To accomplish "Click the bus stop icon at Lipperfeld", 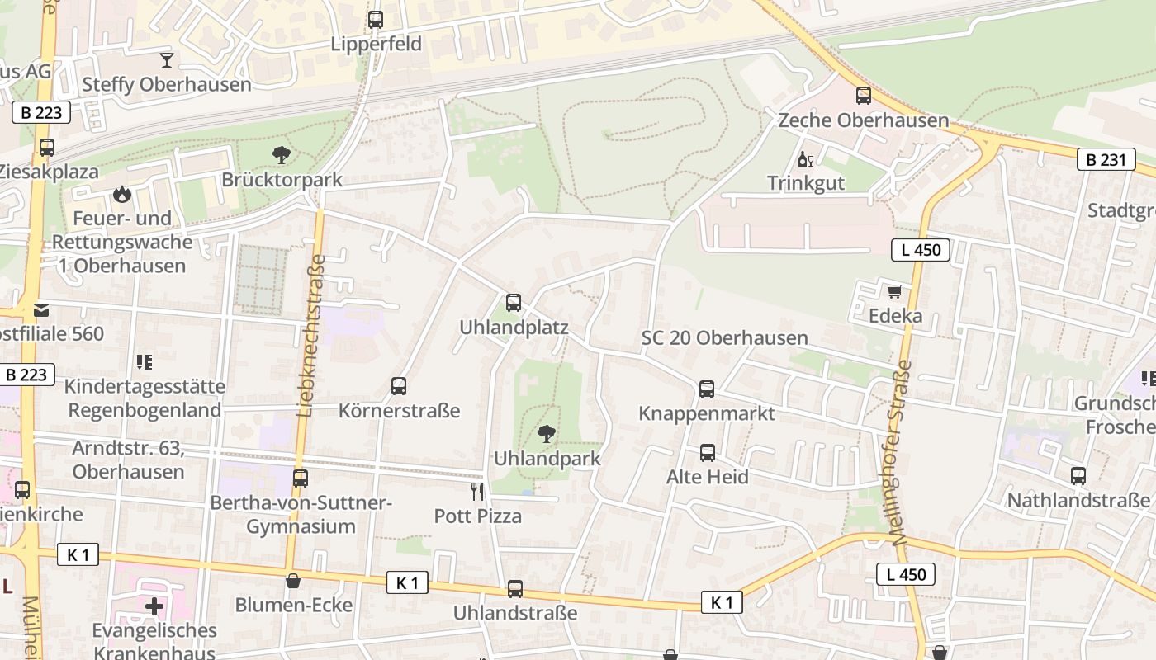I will (x=376, y=19).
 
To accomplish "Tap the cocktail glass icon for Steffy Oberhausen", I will (x=167, y=59).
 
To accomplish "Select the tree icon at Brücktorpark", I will (x=281, y=154).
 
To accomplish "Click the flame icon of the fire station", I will (x=122, y=194).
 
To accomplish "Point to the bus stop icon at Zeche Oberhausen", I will (x=863, y=96).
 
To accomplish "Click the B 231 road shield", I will (x=1105, y=159).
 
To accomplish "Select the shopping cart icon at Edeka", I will (x=894, y=292).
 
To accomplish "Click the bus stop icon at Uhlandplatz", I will (x=514, y=303).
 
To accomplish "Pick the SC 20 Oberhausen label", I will (x=724, y=338).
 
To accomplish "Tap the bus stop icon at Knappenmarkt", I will (x=707, y=389).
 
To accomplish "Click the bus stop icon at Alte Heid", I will (x=708, y=452).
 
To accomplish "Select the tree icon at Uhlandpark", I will (x=546, y=433).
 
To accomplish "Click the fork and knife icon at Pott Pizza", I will (x=477, y=492).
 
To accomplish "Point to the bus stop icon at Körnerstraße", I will (x=399, y=385).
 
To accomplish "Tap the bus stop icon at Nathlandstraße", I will (x=1078, y=475).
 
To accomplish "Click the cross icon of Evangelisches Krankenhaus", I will (x=154, y=606).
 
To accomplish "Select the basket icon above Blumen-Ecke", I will (x=293, y=581).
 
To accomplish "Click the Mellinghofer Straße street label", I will (x=902, y=452).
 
